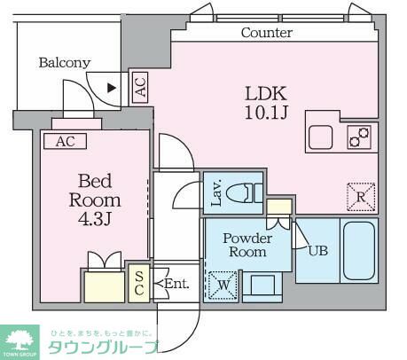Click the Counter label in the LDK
click(267, 33)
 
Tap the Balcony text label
click(64, 63)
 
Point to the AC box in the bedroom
click(65, 141)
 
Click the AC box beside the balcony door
click(139, 87)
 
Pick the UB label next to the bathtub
click(317, 250)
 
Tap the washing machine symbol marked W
click(221, 286)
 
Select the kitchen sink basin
click(320, 137)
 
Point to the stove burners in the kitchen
click(359, 137)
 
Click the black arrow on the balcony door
click(111, 87)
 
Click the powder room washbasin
click(262, 286)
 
